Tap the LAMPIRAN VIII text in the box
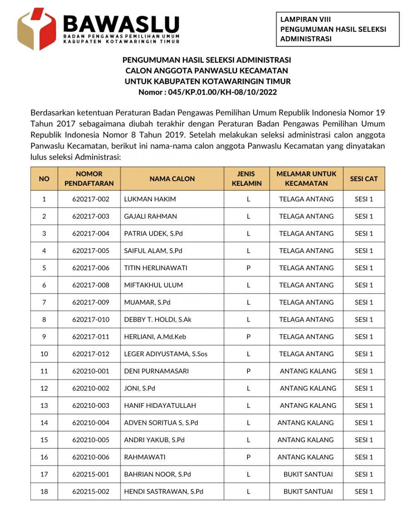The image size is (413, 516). (305, 19)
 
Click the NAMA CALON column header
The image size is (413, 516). (172, 179)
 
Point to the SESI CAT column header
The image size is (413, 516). (363, 179)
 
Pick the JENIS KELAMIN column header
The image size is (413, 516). (247, 179)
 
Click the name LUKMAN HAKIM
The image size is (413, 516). (150, 199)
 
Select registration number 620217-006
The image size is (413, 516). (90, 268)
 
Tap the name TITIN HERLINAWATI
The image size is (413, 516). (155, 268)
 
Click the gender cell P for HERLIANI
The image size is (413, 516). (248, 337)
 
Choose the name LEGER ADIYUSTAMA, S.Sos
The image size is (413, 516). (166, 354)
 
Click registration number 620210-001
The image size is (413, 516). (90, 371)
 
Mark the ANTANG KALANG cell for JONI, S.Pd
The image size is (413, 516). (308, 388)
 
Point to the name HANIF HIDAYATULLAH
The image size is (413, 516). (160, 406)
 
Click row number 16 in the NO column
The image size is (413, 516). (44, 457)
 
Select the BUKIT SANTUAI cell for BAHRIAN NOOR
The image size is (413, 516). (308, 475)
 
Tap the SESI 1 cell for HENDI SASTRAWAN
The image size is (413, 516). (363, 492)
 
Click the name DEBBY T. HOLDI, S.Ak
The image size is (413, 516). (157, 320)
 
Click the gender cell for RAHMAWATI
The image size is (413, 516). (248, 457)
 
